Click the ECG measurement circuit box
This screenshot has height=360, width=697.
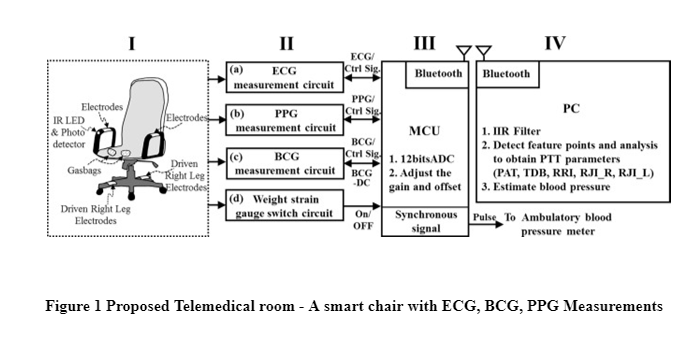283,77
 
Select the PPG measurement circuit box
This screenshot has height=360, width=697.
283,120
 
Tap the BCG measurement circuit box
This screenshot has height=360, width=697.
283,163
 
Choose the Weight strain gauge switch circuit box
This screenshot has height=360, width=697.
283,205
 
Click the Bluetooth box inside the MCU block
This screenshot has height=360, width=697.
437,73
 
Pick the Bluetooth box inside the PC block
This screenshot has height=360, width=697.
507,73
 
